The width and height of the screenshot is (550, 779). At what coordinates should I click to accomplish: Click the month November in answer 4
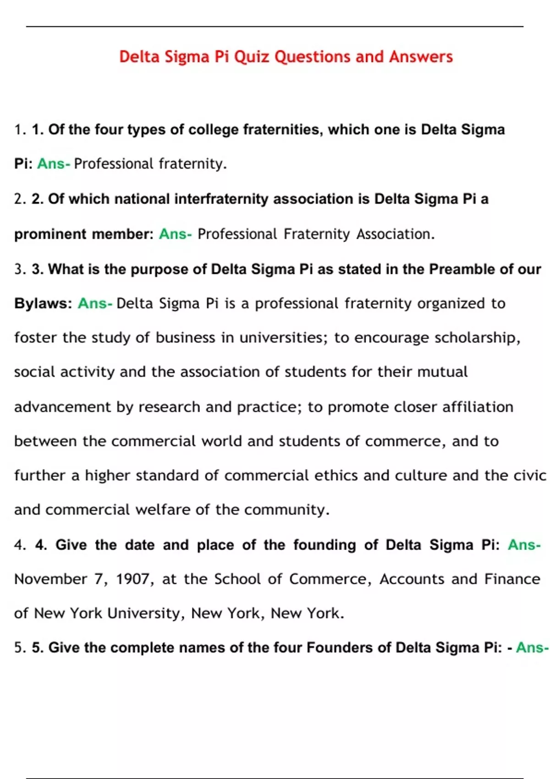[50, 579]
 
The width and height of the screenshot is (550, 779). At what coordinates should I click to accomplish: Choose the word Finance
[512, 579]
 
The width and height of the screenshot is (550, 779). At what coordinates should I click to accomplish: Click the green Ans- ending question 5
[532, 647]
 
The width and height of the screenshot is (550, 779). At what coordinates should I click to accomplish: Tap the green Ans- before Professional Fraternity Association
[175, 234]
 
